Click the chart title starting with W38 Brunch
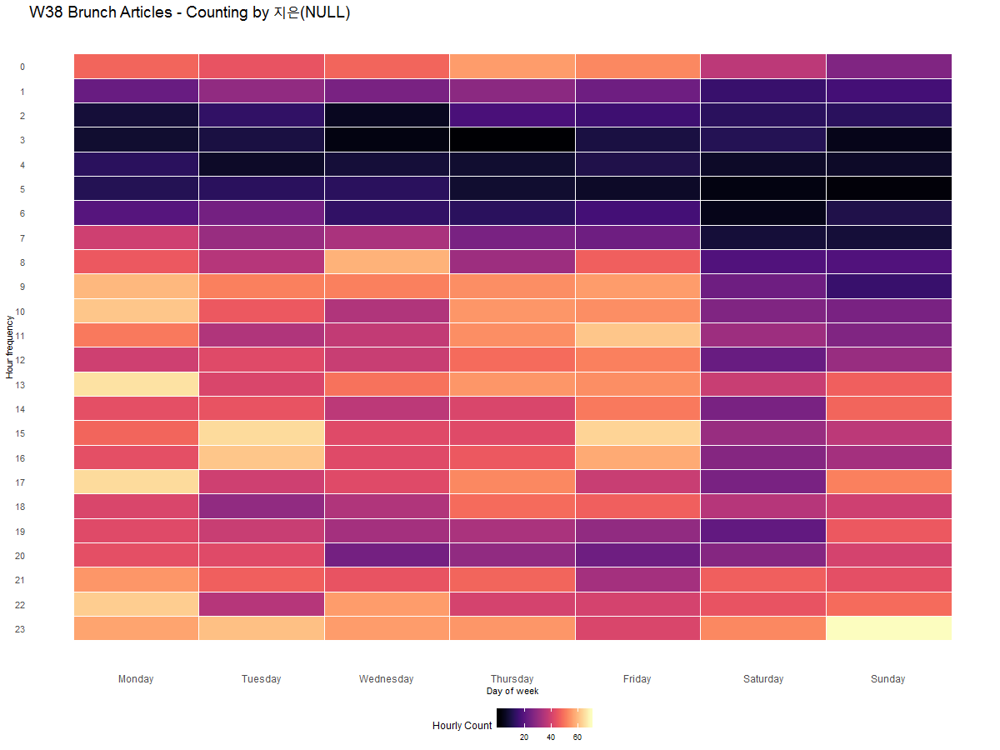click(189, 12)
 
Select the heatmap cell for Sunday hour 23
click(888, 628)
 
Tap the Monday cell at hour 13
click(136, 384)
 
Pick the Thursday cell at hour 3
click(512, 139)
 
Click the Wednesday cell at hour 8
click(387, 262)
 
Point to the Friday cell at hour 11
click(637, 335)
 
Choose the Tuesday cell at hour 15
click(262, 433)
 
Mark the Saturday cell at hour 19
click(763, 531)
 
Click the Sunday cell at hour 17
click(888, 482)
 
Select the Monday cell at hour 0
click(136, 66)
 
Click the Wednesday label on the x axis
click(387, 679)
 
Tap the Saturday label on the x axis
click(763, 679)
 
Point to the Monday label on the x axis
click(136, 679)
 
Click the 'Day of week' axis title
click(512, 691)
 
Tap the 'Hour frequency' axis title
click(9, 347)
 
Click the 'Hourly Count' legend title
click(462, 726)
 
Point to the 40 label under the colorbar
click(551, 737)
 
